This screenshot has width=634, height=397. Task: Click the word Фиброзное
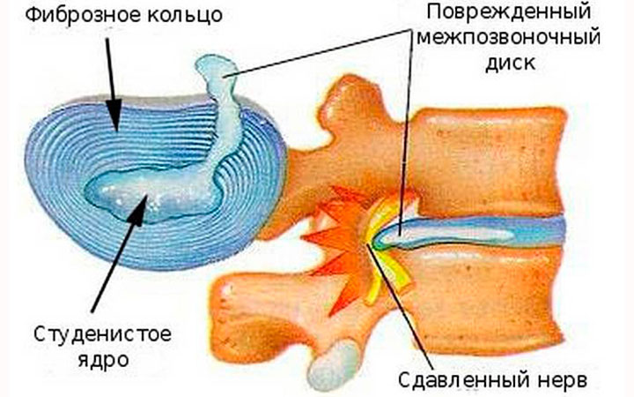click(x=79, y=15)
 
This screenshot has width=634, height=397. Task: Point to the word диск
click(x=510, y=64)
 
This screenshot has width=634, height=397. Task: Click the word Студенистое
click(x=102, y=334)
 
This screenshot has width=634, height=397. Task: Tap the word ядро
click(x=103, y=360)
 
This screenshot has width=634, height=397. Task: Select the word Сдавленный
click(x=463, y=379)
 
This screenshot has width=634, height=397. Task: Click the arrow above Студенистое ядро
click(x=119, y=253)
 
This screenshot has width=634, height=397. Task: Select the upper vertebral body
click(x=490, y=162)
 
